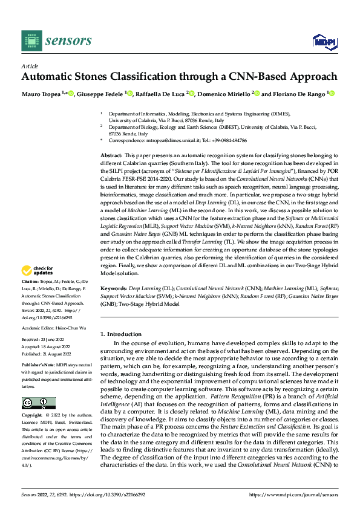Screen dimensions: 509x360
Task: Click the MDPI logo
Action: click(322, 41)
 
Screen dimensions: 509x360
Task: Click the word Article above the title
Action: click(30, 66)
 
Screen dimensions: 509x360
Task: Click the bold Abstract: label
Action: click(113, 155)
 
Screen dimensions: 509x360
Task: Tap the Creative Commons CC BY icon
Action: click(38, 403)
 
